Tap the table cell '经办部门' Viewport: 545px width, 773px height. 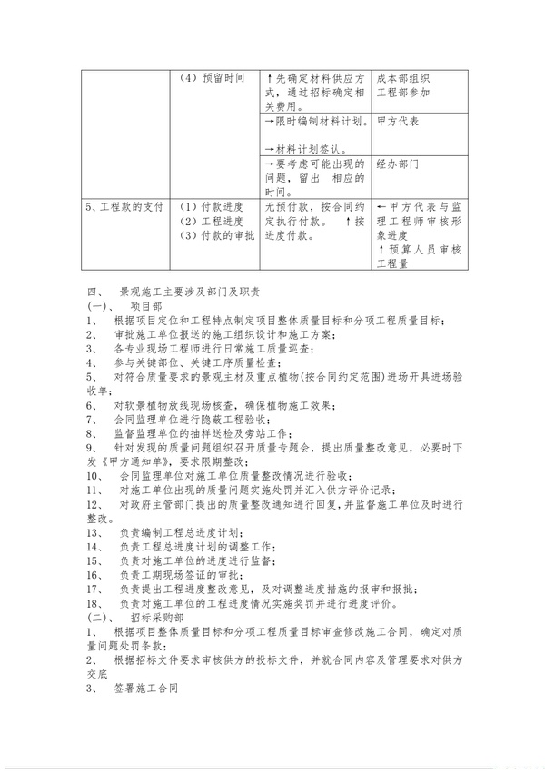tap(400, 164)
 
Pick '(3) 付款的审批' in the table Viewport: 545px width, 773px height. tap(217, 236)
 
